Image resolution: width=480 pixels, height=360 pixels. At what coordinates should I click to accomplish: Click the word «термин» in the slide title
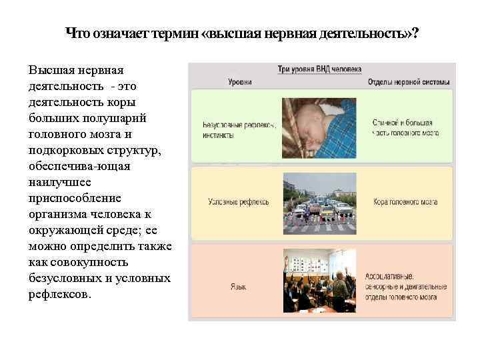coord(175,34)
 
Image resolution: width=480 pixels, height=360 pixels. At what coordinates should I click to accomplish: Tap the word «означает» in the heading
coord(120,34)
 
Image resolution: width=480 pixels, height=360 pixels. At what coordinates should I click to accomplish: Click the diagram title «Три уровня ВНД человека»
coord(319,69)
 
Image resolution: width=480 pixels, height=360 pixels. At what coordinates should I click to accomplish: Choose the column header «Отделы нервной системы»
coord(408,82)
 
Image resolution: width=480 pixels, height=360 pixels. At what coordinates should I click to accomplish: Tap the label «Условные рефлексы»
coord(238,201)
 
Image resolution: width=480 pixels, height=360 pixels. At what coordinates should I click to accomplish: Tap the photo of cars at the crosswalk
coord(319,203)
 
